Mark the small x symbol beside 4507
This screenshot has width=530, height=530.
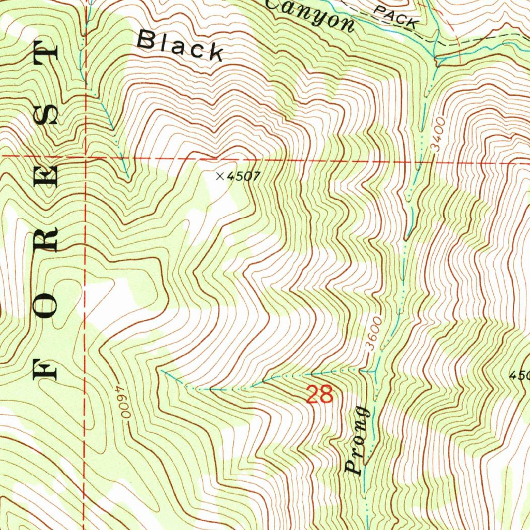[x=219, y=176]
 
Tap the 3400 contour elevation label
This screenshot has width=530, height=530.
[x=439, y=134]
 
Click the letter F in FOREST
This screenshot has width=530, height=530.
[x=45, y=369]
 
